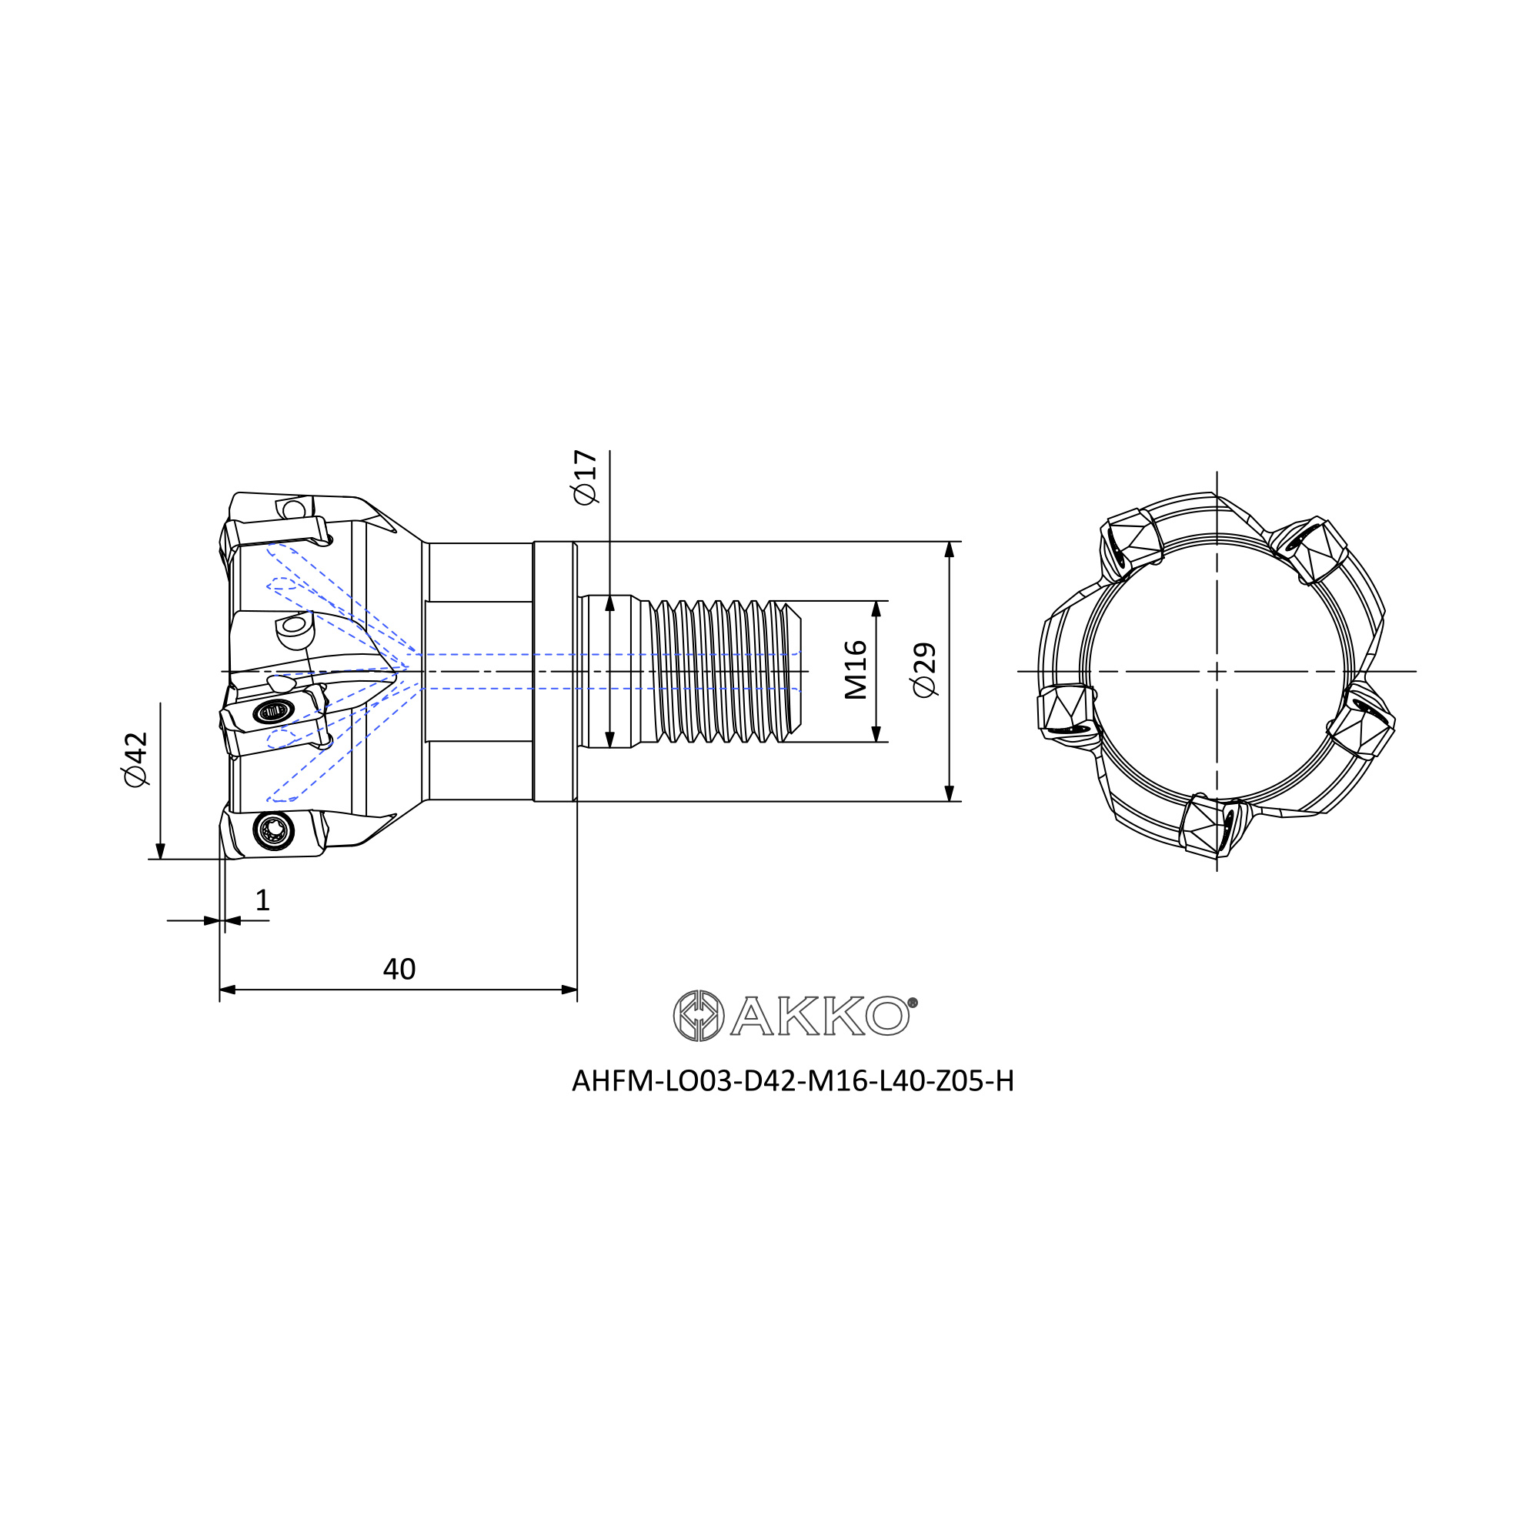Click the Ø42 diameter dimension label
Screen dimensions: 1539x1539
pos(136,760)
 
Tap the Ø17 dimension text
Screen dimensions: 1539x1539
pos(585,477)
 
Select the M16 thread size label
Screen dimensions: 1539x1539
pos(856,670)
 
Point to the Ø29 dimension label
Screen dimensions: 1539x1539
pos(926,670)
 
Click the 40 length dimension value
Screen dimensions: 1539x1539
pos(399,970)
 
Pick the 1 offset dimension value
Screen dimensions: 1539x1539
pos(263,900)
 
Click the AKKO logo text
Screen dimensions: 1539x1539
pos(820,1016)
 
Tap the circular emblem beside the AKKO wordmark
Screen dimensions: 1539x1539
pos(699,1016)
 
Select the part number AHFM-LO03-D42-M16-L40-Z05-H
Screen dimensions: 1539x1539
pos(793,1081)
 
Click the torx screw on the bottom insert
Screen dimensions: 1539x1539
pos(274,831)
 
